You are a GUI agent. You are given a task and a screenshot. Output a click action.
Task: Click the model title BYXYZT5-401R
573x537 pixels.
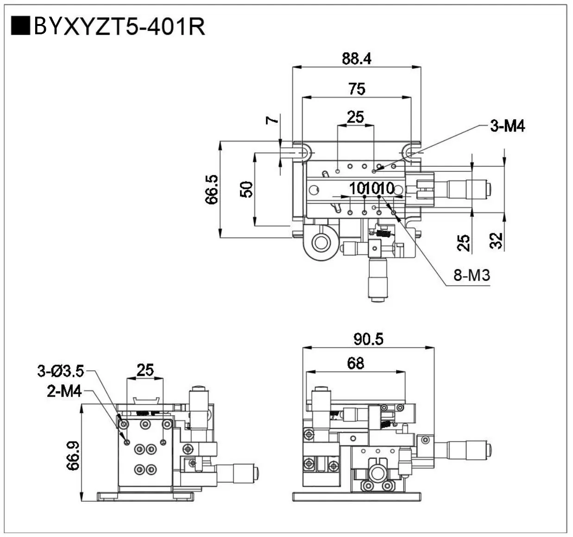tap(119, 27)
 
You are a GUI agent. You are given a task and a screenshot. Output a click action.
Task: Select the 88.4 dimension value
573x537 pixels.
tap(357, 59)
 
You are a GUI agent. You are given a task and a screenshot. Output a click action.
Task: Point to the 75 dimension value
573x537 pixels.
tap(357, 88)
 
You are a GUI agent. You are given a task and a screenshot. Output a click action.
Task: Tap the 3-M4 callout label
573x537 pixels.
tap(508, 126)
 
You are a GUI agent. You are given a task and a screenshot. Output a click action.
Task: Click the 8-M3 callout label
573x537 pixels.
tap(472, 276)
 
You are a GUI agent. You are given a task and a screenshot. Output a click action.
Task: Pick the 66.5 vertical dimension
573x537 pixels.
tap(212, 189)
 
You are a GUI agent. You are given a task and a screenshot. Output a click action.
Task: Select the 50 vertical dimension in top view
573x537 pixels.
tap(247, 189)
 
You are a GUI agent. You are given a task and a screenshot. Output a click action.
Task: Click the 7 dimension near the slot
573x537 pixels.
tap(272, 120)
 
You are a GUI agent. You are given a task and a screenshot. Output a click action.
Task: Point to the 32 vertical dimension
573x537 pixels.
tap(496, 240)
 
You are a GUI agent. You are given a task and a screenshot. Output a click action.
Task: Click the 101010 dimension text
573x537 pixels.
tap(372, 188)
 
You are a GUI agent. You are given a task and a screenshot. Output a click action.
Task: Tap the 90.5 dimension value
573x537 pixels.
tap(369, 339)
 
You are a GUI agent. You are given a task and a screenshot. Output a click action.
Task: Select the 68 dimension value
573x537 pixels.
tap(355, 363)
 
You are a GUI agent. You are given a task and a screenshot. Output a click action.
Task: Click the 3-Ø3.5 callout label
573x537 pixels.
tap(61, 371)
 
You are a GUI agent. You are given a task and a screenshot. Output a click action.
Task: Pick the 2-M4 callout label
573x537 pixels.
tap(64, 392)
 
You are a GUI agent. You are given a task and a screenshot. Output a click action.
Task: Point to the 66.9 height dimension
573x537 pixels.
tap(73, 456)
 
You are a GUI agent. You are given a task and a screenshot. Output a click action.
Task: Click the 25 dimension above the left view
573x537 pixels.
tap(145, 370)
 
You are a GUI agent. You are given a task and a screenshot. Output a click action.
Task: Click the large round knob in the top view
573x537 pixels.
tap(320, 241)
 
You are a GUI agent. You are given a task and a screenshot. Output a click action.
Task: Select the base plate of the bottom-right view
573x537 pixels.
tap(357, 497)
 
